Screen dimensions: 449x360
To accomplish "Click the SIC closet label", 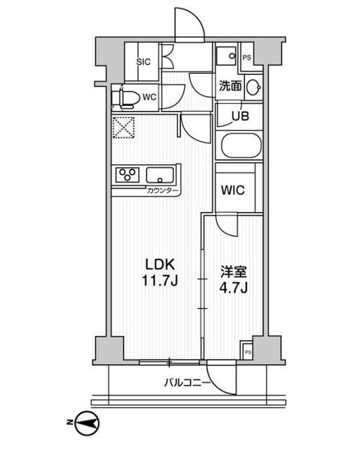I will pos(143,61).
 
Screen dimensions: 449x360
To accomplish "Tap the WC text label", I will pos(149,98).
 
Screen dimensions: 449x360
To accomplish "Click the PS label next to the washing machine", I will pos(246,58).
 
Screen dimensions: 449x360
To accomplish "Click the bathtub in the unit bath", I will pos(241,147).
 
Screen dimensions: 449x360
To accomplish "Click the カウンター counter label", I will pos(163,191).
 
